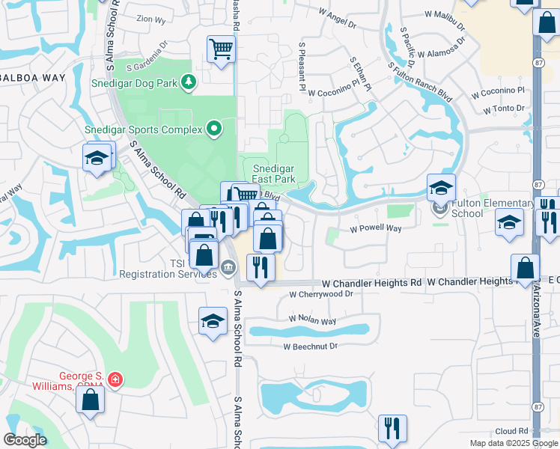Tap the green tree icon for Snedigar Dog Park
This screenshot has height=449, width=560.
pyautogui.click(x=189, y=82)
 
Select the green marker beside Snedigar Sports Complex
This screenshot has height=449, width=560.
pyautogui.click(x=215, y=129)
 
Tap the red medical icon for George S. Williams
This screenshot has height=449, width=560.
pyautogui.click(x=115, y=380)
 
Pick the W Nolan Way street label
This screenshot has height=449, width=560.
pyautogui.click(x=312, y=320)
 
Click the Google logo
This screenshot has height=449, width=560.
pyautogui.click(x=25, y=440)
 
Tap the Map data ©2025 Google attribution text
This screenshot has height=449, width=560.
pyautogui.click(x=513, y=443)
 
